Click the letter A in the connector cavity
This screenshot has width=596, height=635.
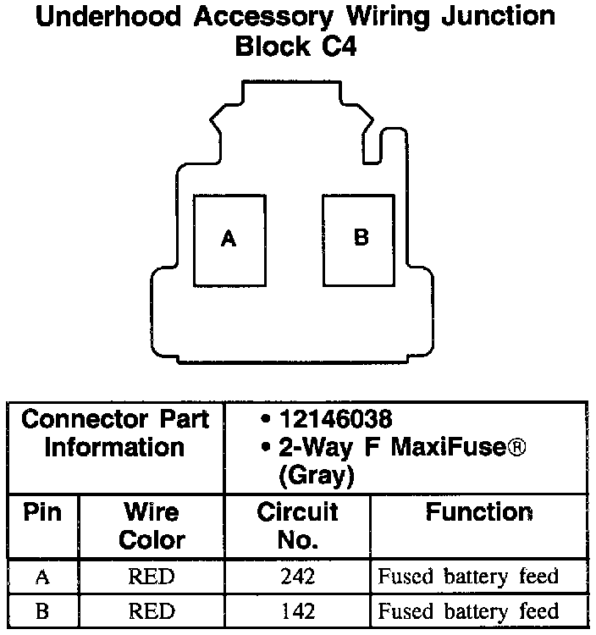pos(228,240)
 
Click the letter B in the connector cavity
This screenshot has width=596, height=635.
pos(361,238)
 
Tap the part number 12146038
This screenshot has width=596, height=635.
pos(335,419)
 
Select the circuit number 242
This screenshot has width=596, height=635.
pos(297,577)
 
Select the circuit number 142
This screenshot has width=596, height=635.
pos(297,610)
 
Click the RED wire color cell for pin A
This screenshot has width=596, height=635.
pos(152,577)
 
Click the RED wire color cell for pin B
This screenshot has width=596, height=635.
pos(152,610)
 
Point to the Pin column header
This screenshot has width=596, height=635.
pos(41,512)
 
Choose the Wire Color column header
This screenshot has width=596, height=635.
pos(152,526)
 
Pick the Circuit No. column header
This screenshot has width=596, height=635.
pos(297,526)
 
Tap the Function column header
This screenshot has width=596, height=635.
pos(479,512)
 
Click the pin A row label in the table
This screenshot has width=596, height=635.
pos(41,577)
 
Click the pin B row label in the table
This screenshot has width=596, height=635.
pos(41,610)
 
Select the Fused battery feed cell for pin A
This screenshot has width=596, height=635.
pos(468,577)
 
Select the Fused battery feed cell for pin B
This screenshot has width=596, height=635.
pos(468,610)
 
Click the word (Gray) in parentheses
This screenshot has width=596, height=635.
pos(316,475)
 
